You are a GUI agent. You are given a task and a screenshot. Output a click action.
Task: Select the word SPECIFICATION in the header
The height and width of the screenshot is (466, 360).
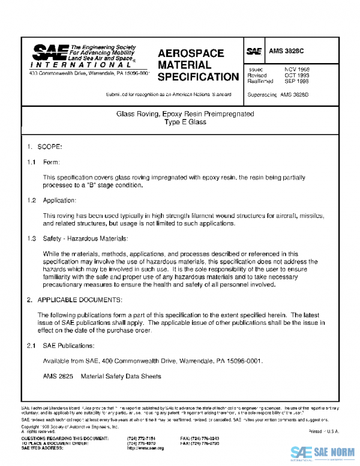(197, 77)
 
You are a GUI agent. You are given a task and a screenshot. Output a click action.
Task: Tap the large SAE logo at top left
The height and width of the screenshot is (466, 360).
(49, 52)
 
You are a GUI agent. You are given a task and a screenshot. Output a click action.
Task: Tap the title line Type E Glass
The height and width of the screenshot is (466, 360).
(185, 122)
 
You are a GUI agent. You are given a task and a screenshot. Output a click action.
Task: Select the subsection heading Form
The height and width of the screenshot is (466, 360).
(51, 163)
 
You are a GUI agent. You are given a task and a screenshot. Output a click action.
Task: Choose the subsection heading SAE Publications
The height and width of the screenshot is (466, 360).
(68, 345)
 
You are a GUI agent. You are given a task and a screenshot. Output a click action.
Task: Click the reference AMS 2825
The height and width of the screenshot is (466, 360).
(58, 377)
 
